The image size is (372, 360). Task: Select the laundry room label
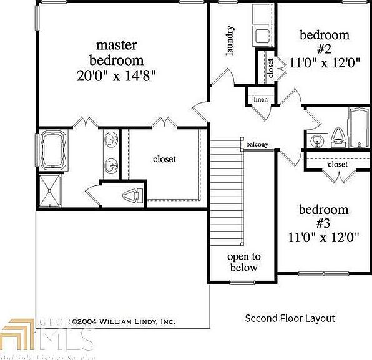point(230,41)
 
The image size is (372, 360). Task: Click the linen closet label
point(260,100)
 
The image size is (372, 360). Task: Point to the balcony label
point(257,144)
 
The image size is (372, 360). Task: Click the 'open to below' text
point(243,262)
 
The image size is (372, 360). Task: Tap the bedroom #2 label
point(324,41)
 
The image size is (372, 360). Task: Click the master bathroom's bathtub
point(53,152)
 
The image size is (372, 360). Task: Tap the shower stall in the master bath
point(52,190)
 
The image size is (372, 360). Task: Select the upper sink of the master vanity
point(111,139)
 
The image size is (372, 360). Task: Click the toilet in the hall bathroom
point(338,136)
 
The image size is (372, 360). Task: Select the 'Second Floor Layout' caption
point(290,318)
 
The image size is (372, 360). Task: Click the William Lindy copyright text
point(124,321)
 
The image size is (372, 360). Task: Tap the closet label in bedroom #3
point(338,165)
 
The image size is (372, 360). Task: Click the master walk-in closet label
point(164,159)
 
